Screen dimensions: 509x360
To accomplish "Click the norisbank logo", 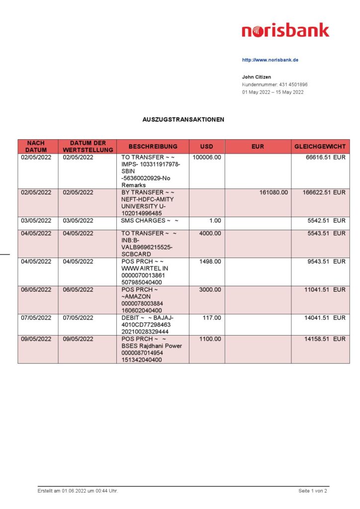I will click(285, 31).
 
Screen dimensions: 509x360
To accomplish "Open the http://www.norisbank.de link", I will click(270, 60).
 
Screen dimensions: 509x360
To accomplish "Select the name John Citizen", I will click(257, 77).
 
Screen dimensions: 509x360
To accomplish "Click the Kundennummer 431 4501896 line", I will click(274, 85).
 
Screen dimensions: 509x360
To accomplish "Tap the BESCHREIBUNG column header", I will click(153, 147).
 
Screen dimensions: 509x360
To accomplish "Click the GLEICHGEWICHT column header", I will click(320, 147).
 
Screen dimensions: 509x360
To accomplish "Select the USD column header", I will click(206, 147).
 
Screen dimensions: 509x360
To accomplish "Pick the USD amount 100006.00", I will click(207, 157).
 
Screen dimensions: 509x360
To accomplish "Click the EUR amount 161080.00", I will click(273, 192).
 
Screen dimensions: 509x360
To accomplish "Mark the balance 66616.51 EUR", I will click(326, 157).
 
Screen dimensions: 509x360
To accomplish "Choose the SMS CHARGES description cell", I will click(149, 220).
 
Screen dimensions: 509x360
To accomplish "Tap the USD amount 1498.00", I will click(210, 261).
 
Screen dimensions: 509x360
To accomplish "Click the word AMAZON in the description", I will click(137, 296).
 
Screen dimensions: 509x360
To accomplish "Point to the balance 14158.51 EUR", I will click(325, 339).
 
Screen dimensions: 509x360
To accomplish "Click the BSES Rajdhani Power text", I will click(152, 346).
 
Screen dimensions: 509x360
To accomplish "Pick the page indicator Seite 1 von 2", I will click(313, 491).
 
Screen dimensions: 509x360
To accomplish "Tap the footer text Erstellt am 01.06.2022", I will click(78, 491).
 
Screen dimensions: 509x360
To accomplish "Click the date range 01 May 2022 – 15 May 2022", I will click(272, 92).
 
